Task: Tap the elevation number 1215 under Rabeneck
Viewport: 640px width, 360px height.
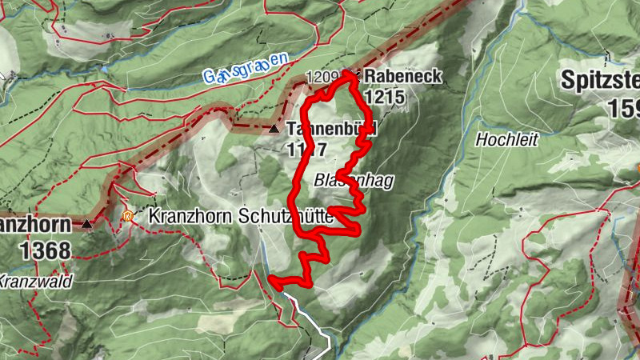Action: (x=384, y=98)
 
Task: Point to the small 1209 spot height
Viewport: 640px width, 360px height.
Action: (x=322, y=78)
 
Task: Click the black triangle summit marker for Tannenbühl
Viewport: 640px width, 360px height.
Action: (x=274, y=128)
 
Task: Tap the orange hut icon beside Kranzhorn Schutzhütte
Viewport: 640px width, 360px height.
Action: (x=127, y=215)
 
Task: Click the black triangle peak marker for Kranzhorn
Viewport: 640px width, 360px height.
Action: (x=87, y=225)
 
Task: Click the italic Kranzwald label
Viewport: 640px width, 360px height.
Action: (x=35, y=281)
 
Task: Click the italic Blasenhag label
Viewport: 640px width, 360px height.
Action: (x=354, y=181)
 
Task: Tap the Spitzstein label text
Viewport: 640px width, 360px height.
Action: (x=600, y=80)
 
